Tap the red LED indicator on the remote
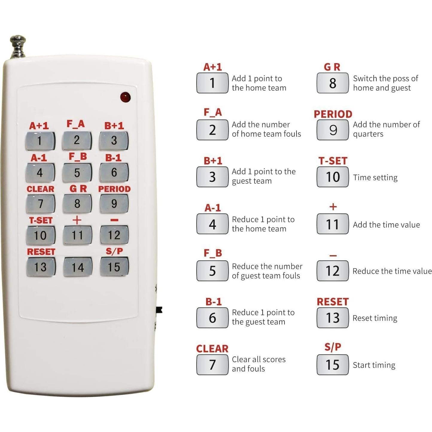(125, 97)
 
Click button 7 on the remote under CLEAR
(40, 204)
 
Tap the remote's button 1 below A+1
(40, 140)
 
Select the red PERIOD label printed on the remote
(114, 189)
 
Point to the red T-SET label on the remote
(41, 220)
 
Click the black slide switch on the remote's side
(159, 310)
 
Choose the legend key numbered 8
(332, 83)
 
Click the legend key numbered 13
(332, 318)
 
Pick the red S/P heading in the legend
(333, 347)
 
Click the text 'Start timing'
(374, 365)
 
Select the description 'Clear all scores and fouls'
(258, 364)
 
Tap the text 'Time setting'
(375, 177)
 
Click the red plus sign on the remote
(77, 220)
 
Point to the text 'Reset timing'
(375, 318)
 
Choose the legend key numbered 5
(212, 271)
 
